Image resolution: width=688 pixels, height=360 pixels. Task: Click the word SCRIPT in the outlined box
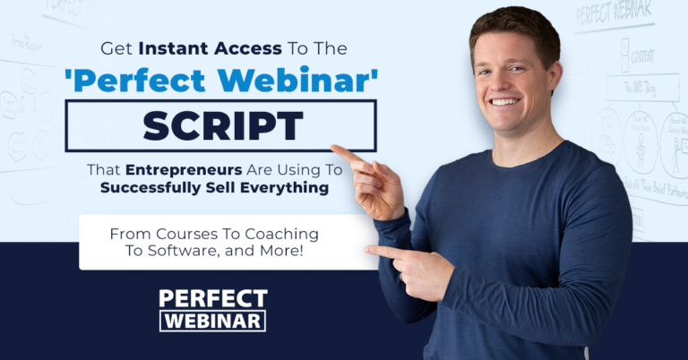click(x=220, y=125)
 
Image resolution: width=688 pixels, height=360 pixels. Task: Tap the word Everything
click(x=290, y=188)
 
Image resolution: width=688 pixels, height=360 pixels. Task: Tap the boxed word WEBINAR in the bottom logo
click(x=213, y=320)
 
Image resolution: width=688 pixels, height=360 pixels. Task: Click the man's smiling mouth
click(x=505, y=102)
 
